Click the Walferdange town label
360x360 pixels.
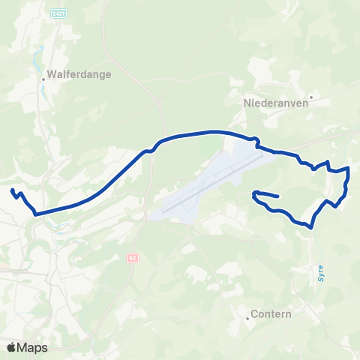coord(79,75)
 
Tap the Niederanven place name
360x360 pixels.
coord(276,104)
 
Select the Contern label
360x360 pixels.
coord(271,314)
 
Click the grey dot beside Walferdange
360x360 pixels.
coord(43,75)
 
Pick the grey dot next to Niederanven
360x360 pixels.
coord(310,96)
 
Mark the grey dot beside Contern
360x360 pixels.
coord(247,318)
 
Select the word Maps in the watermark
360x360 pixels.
coord(33,347)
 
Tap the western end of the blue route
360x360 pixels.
coord(13,189)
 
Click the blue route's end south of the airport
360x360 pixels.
coord(278,197)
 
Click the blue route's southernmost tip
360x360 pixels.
coord(310,225)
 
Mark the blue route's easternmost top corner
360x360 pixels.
coord(349,169)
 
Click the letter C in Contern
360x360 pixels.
coord(255,314)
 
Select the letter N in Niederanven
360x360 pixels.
coord(247,104)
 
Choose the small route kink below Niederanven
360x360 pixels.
coord(257,139)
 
